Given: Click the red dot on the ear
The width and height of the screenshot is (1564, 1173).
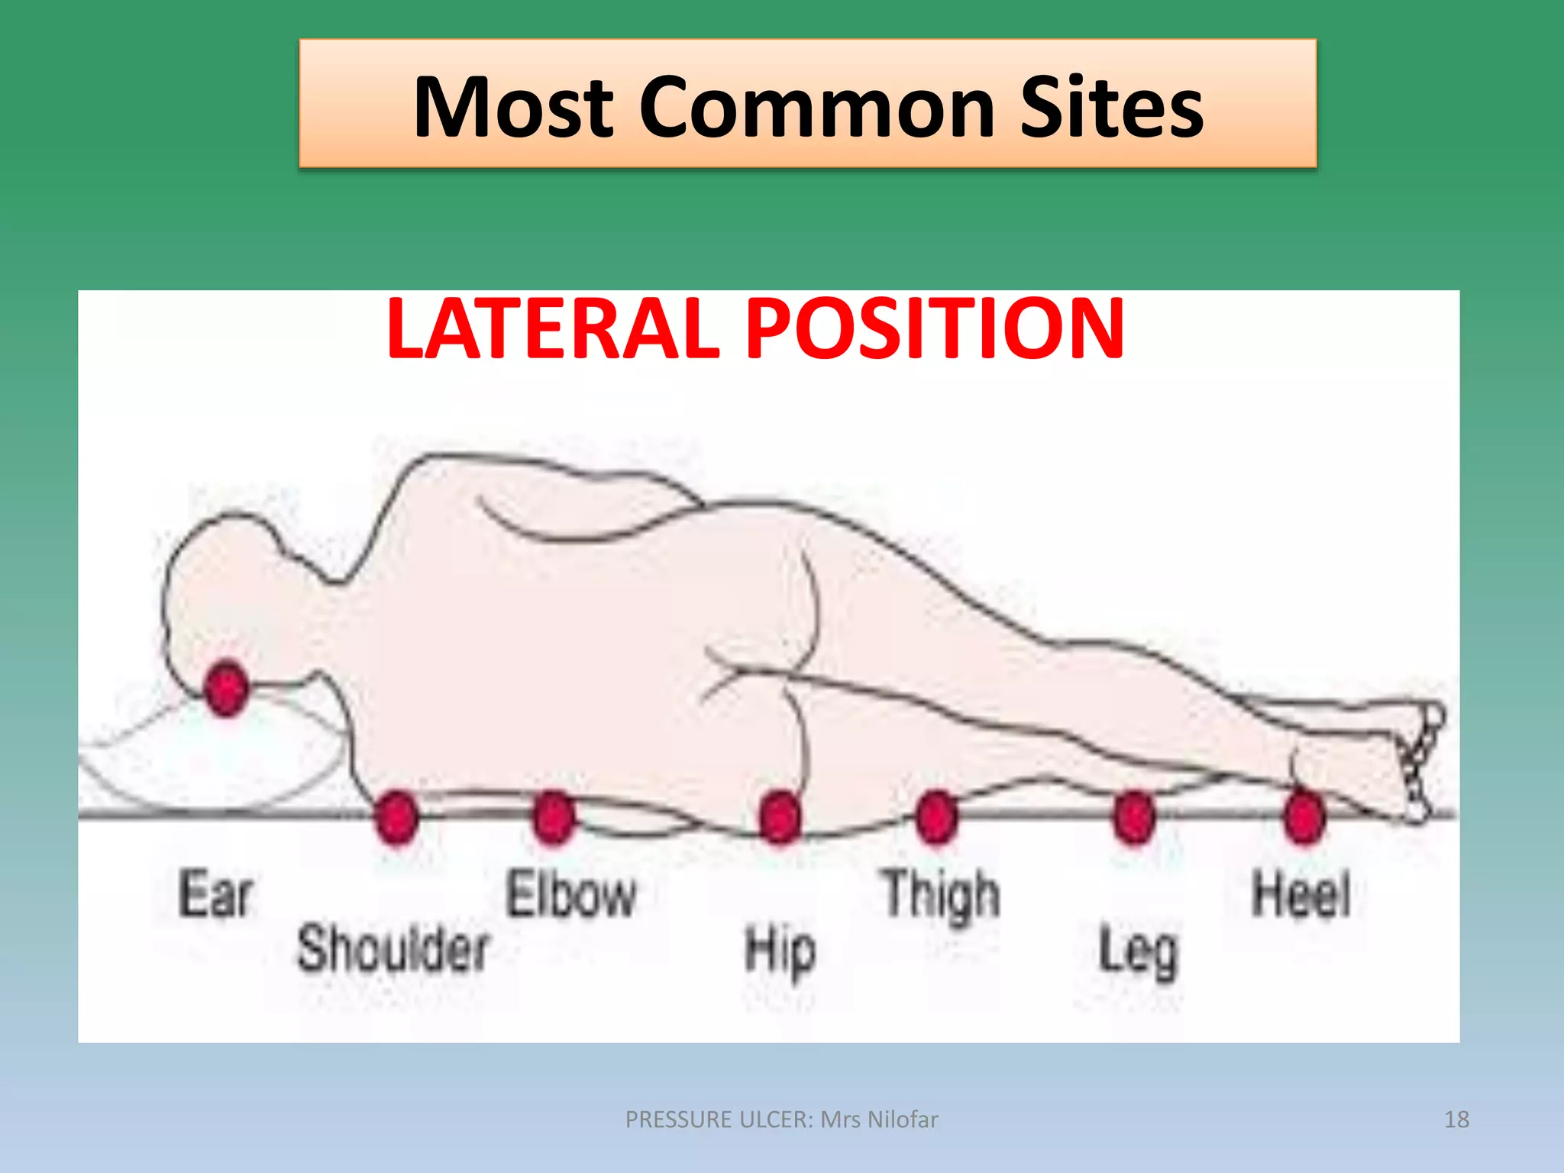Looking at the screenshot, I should [226, 687].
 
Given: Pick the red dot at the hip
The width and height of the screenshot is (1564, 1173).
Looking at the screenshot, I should [780, 817].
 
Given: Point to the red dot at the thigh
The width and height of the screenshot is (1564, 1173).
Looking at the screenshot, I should [936, 817].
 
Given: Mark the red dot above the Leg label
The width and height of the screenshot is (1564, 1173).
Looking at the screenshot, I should [1134, 817].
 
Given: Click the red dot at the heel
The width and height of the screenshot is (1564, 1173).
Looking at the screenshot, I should [1304, 817].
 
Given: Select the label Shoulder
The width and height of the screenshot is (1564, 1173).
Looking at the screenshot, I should [393, 948].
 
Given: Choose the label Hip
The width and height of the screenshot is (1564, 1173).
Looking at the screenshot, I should [780, 952].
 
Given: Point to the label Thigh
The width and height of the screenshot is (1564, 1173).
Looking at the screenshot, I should [942, 895].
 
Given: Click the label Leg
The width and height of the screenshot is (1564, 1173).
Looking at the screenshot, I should [1138, 952].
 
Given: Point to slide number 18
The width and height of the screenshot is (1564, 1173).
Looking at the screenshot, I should [1456, 1120].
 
